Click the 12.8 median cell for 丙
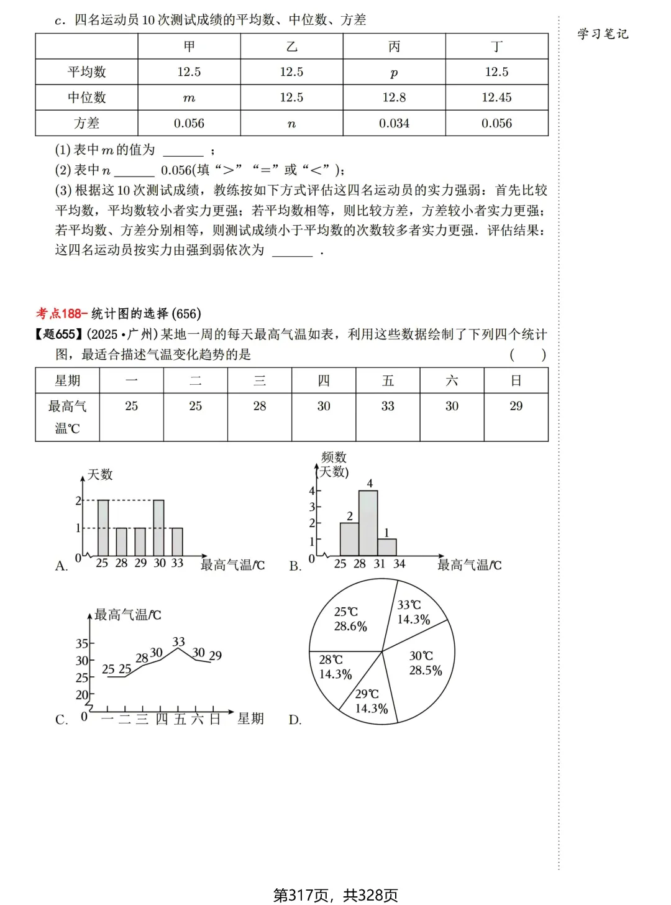point(394,98)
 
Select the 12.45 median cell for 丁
point(496,98)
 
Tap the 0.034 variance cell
point(394,124)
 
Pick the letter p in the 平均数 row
point(394,73)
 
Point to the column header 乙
point(291,47)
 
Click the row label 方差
point(86,124)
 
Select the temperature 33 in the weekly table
point(388,406)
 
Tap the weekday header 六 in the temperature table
point(452,380)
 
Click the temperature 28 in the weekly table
point(260,406)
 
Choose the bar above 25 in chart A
point(103,528)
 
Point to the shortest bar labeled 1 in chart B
point(387,547)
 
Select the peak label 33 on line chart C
point(178,641)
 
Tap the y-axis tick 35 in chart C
point(81,643)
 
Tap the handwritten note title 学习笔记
point(603,34)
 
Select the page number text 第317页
point(301,895)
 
